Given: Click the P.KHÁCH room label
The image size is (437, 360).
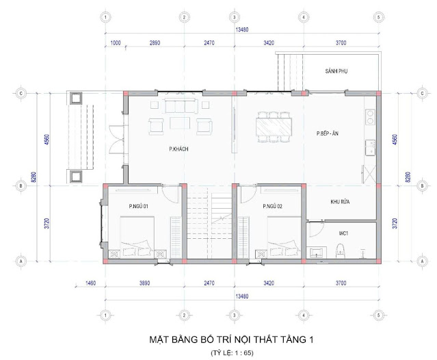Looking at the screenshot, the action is (x=178, y=149).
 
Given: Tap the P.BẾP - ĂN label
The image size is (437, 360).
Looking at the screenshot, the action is (x=327, y=133).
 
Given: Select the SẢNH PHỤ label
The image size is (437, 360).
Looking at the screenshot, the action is (x=336, y=71).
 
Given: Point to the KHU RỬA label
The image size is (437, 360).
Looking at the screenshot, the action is (x=340, y=202).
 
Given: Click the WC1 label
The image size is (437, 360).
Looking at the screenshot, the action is (x=343, y=233).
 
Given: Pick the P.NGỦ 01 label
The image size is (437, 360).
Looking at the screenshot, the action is (x=139, y=207).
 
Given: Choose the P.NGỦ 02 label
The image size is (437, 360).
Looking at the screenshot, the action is (x=273, y=207).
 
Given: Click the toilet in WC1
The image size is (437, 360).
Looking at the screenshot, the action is (x=341, y=251).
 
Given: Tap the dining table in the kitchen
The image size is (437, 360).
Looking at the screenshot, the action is (x=274, y=127).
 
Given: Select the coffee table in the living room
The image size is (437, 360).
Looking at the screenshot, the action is (x=180, y=123).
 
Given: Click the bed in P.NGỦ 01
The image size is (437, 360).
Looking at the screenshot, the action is (x=137, y=237).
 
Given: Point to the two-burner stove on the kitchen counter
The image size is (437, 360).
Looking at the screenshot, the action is (x=370, y=117).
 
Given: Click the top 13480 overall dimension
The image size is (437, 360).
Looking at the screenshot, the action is (x=242, y=29).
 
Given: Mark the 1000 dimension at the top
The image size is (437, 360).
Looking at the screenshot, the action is (x=116, y=42).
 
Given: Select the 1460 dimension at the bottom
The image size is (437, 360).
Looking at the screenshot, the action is (x=90, y=283).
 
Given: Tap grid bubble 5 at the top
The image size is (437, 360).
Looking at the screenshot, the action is (x=378, y=17).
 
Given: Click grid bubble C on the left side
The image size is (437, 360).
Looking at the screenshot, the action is (x=21, y=93).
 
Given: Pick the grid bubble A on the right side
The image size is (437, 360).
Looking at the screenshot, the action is (x=422, y=261).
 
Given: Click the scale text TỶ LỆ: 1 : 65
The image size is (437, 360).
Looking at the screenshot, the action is (x=232, y=353).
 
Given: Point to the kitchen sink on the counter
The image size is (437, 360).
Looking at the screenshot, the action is (x=370, y=148).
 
